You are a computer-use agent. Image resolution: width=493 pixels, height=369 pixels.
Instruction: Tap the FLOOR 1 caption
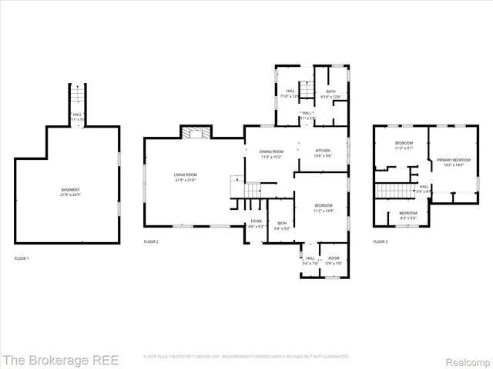coord(22,258)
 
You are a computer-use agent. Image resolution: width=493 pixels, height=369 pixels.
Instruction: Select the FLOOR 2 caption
coord(151,242)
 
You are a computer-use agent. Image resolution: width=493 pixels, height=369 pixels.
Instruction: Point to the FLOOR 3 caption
coord(381,242)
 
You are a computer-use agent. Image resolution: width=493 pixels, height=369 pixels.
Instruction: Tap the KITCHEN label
coord(323,152)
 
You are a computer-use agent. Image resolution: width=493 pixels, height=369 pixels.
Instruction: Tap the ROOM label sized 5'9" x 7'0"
coord(334,260)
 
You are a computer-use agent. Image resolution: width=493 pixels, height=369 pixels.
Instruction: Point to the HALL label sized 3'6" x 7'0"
coord(310,260)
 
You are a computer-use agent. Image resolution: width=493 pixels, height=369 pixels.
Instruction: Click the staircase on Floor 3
coord(393,190)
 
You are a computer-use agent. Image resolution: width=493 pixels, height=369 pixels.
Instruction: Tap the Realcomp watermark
coord(466,359)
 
